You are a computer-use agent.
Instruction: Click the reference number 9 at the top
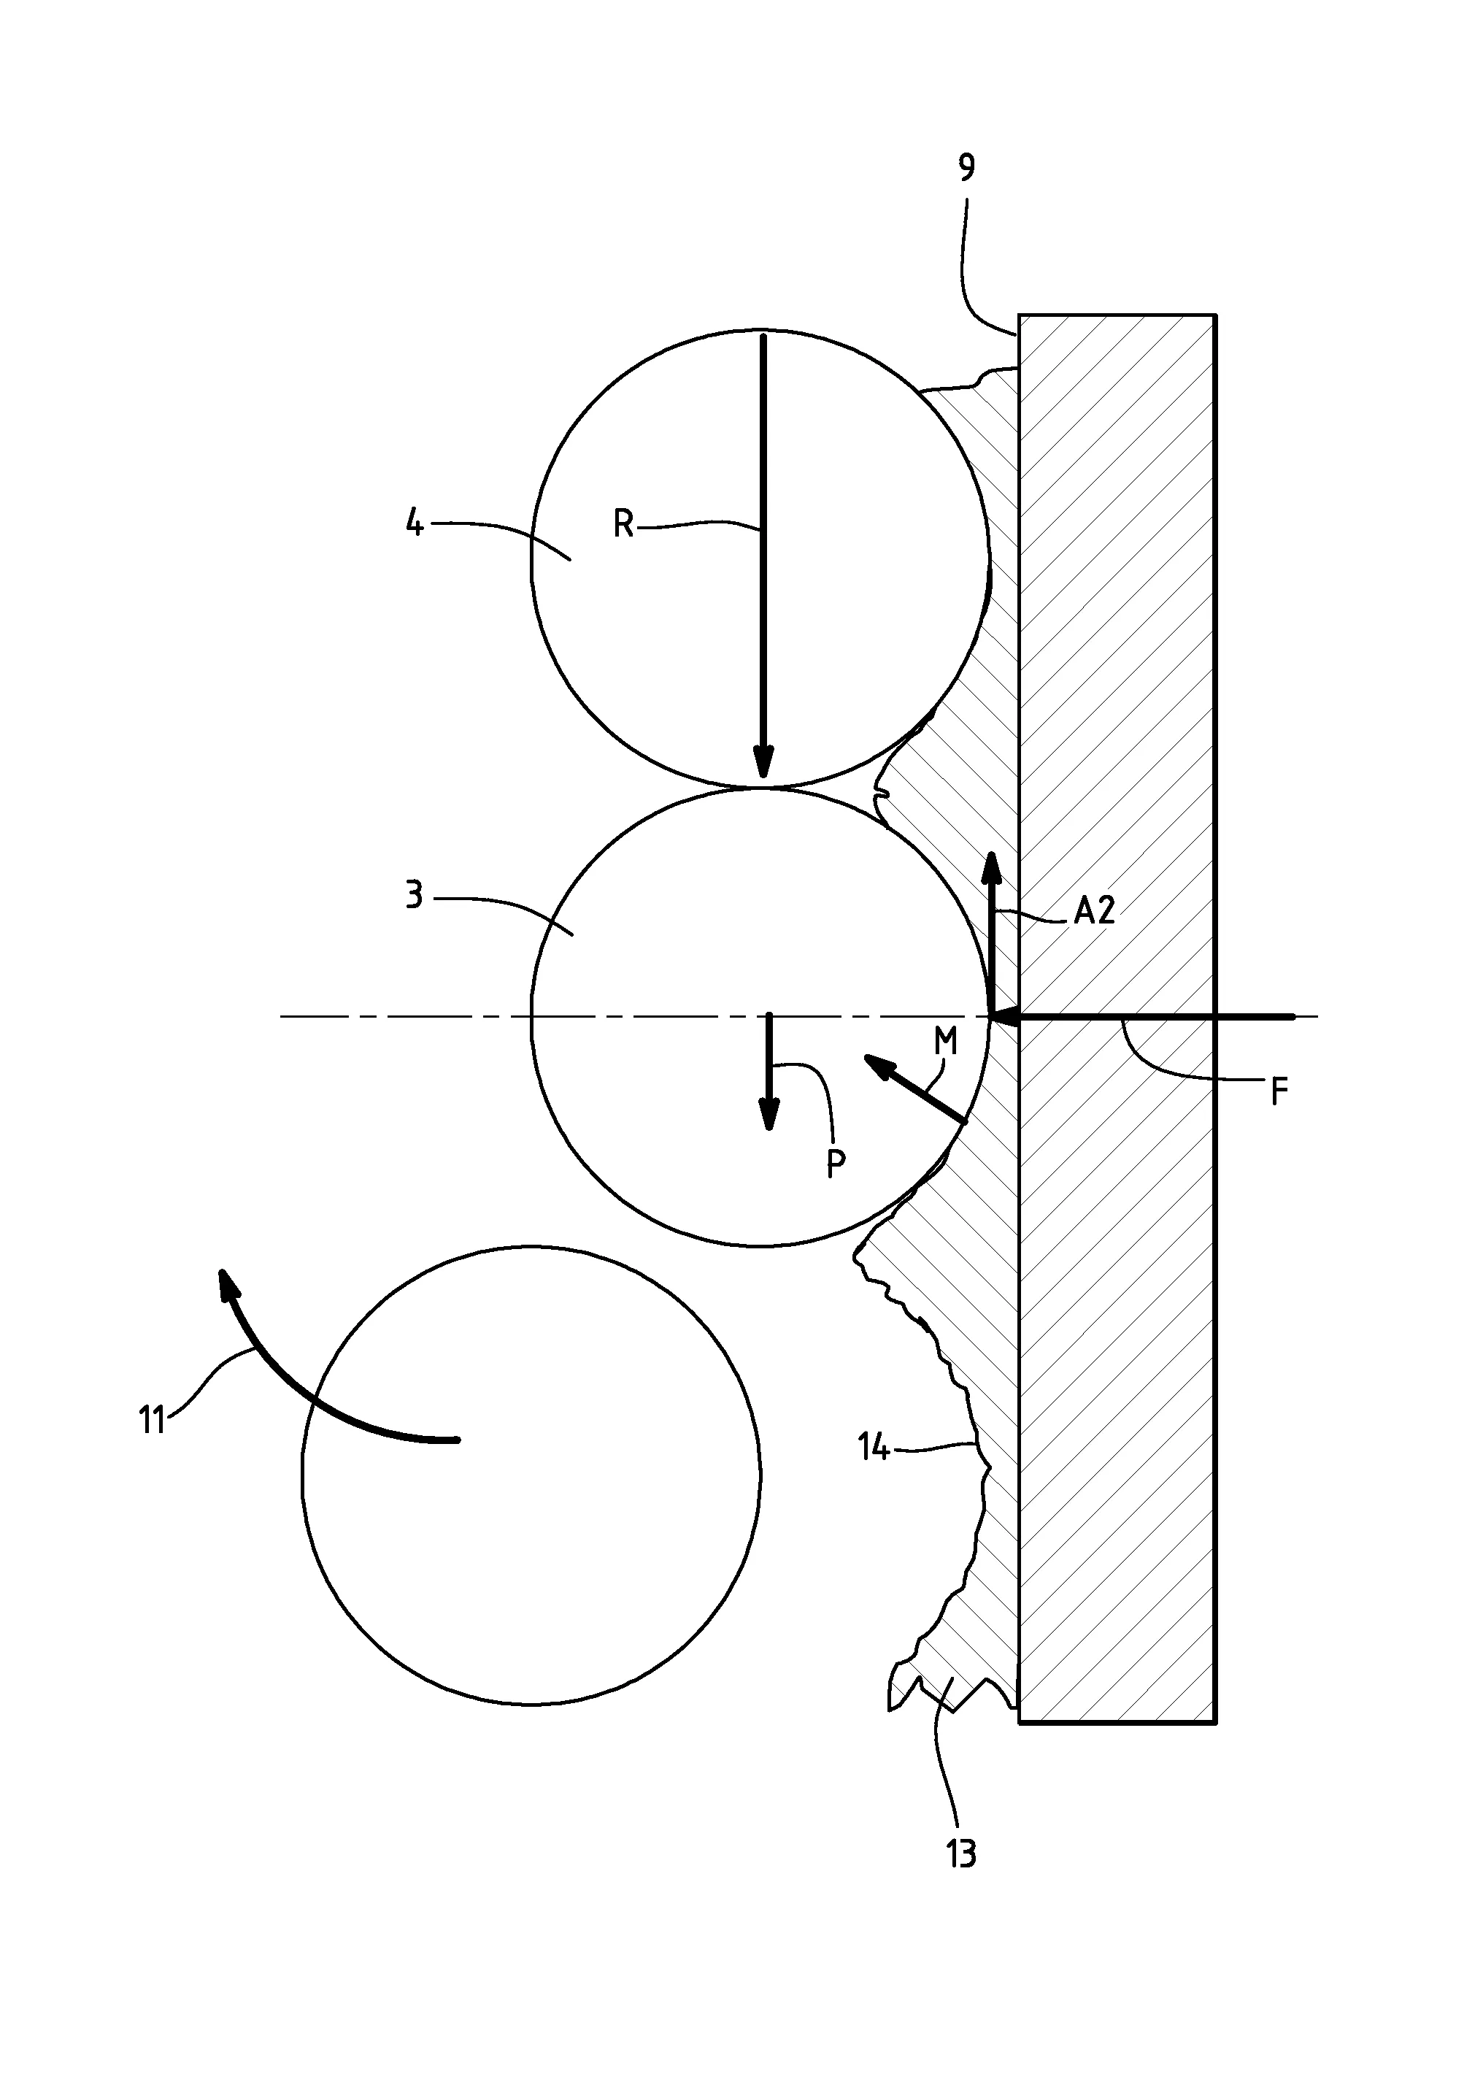tap(967, 168)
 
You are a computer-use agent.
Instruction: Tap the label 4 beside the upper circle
tap(415, 523)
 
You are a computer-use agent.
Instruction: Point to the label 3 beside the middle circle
tap(414, 896)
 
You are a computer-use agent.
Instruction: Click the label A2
tap(1094, 910)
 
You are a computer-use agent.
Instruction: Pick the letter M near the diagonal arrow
tap(946, 1041)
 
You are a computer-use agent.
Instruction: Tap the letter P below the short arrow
tap(835, 1164)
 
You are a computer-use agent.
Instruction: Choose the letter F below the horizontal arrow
tap(1279, 1091)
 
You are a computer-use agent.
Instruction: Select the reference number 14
tap(873, 1447)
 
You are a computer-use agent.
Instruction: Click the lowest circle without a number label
tap(531, 1475)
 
